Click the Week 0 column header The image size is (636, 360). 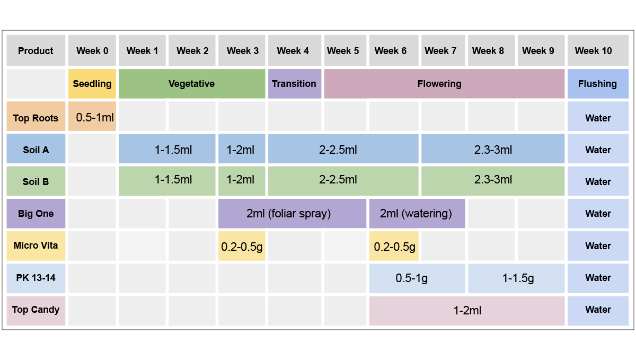coord(92,51)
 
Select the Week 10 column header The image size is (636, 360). coord(598,51)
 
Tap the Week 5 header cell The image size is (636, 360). coord(343,51)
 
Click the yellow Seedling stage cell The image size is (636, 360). coord(92,84)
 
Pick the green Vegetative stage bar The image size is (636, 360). coord(191,84)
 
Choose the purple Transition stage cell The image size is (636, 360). coord(294,84)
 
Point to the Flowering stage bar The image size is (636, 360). coord(444,84)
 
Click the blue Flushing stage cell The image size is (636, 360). coord(598,84)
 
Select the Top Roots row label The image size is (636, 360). coord(36,118)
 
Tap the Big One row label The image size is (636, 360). coord(36,214)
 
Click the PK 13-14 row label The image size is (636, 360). coord(36,278)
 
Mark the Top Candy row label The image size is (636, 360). coord(36,310)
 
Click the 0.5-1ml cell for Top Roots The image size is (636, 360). coord(92,117)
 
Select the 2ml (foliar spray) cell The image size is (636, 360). coord(292,214)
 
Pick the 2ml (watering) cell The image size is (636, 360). coord(417,214)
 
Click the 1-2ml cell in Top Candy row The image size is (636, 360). coord(466,310)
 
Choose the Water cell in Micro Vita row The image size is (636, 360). coord(598,246)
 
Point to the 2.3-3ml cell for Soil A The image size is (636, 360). coord(492,150)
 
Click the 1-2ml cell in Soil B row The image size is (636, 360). coord(241,180)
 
